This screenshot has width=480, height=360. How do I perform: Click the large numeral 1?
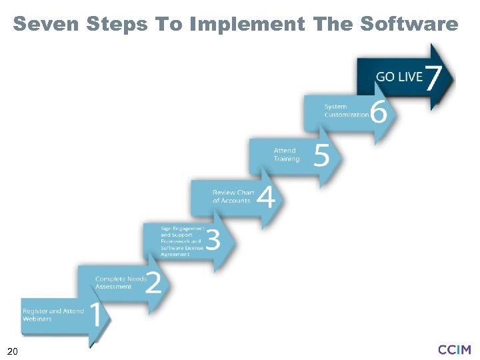click(x=95, y=315)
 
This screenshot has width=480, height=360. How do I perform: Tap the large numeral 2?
click(x=153, y=281)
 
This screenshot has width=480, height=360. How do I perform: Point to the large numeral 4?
click(x=265, y=197)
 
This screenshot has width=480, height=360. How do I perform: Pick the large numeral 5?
click(x=321, y=155)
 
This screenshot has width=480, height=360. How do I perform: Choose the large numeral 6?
click(x=378, y=111)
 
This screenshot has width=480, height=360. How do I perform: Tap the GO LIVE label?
click(x=399, y=77)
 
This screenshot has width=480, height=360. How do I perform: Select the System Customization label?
click(x=347, y=111)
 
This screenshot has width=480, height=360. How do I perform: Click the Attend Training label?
click(x=287, y=155)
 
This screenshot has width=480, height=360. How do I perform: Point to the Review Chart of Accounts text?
click(x=233, y=197)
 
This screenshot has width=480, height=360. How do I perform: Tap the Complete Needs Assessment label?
click(x=120, y=283)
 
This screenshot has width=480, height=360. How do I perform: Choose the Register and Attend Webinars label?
click(x=53, y=315)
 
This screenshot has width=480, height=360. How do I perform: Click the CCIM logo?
click(x=455, y=349)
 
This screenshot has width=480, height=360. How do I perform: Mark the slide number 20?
click(x=12, y=351)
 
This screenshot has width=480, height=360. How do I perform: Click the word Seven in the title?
click(x=43, y=25)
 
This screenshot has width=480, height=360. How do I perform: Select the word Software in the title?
click(x=409, y=25)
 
